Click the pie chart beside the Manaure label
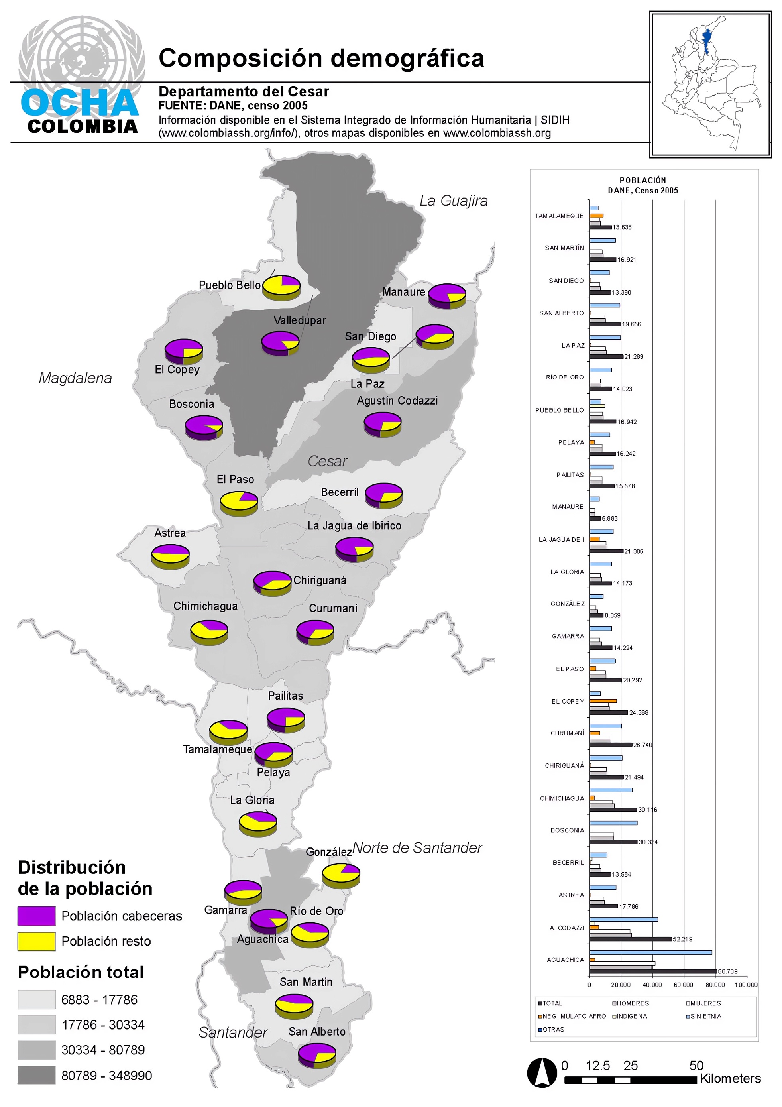[447, 295]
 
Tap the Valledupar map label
[299, 320]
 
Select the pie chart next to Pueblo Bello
[281, 287]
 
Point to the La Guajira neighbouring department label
[453, 201]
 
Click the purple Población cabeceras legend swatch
[37, 916]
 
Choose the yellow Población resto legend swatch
[37, 941]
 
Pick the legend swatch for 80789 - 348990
[37, 1076]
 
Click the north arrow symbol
[542, 1073]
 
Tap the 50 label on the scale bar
[696, 1066]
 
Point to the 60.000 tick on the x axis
[683, 985]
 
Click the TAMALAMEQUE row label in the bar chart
[559, 216]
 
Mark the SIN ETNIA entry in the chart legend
[706, 1016]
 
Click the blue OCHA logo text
[80, 103]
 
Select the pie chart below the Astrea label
[170, 557]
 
